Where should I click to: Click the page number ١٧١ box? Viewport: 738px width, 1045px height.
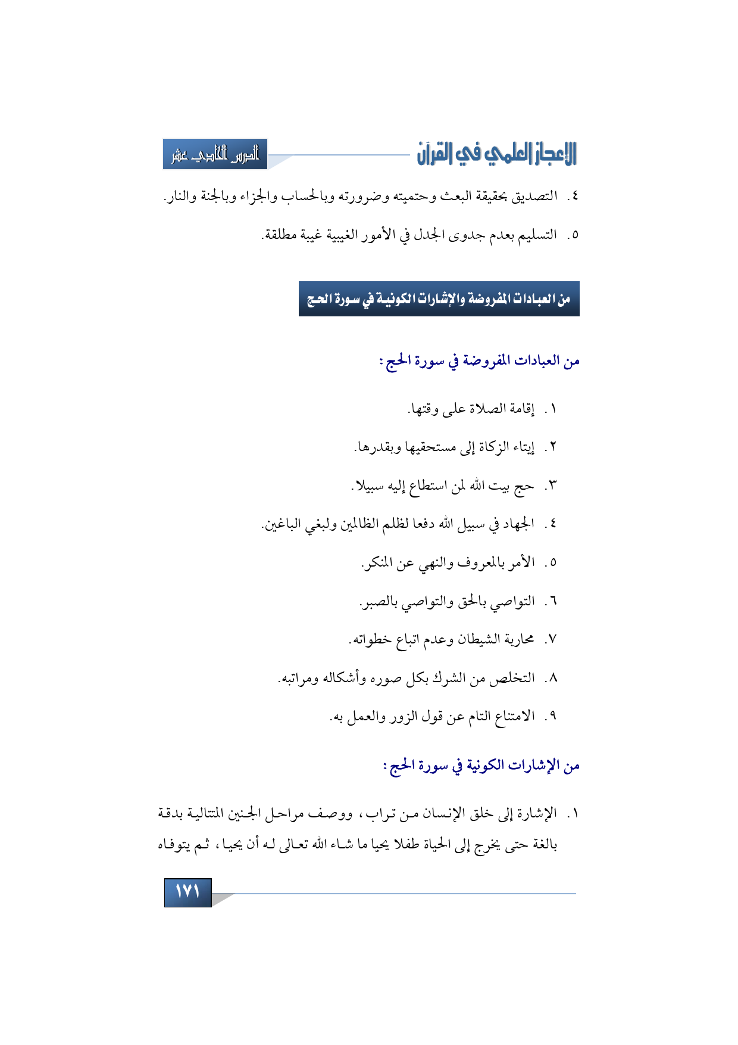click(187, 892)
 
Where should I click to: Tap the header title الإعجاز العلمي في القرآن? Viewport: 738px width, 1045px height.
click(496, 154)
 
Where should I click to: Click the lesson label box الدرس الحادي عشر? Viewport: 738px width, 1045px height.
click(215, 154)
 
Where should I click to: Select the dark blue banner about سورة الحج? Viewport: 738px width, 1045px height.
click(439, 298)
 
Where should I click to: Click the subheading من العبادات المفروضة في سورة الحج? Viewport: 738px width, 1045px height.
click(480, 361)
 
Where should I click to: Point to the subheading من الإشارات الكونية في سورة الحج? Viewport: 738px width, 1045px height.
click(481, 766)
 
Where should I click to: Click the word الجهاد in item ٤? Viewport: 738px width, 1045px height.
click(518, 524)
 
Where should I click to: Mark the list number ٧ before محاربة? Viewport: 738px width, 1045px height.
click(552, 640)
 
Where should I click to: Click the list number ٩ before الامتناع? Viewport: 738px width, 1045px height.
click(552, 716)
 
